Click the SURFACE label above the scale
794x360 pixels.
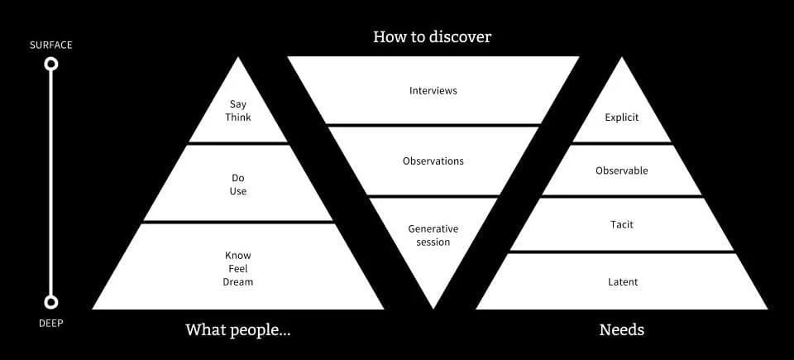pyautogui.click(x=51, y=45)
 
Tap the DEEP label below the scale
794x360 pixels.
pyautogui.click(x=51, y=323)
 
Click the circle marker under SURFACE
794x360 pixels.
pyautogui.click(x=51, y=64)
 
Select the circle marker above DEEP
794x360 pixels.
pyautogui.click(x=51, y=302)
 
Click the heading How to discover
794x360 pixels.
pyautogui.click(x=433, y=36)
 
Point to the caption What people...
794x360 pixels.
pyautogui.click(x=238, y=330)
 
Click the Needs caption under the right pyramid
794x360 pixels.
pyautogui.click(x=622, y=330)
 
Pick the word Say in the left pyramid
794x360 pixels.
pyautogui.click(x=238, y=104)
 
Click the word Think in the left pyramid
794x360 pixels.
pyautogui.click(x=238, y=118)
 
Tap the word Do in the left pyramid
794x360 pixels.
pyautogui.click(x=238, y=178)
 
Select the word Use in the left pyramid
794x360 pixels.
pyautogui.click(x=238, y=191)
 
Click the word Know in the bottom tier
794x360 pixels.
pyautogui.click(x=238, y=256)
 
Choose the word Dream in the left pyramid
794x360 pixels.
pyautogui.click(x=238, y=282)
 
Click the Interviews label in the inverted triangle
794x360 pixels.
pyautogui.click(x=433, y=90)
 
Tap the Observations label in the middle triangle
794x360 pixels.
pyautogui.click(x=433, y=161)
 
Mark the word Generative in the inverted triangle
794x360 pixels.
pyautogui.click(x=433, y=228)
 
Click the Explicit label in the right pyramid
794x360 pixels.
pyautogui.click(x=622, y=118)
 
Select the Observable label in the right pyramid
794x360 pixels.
pyautogui.click(x=622, y=170)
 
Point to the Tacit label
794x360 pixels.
pyautogui.click(x=622, y=224)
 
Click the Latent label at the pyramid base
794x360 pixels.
pyautogui.click(x=622, y=282)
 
